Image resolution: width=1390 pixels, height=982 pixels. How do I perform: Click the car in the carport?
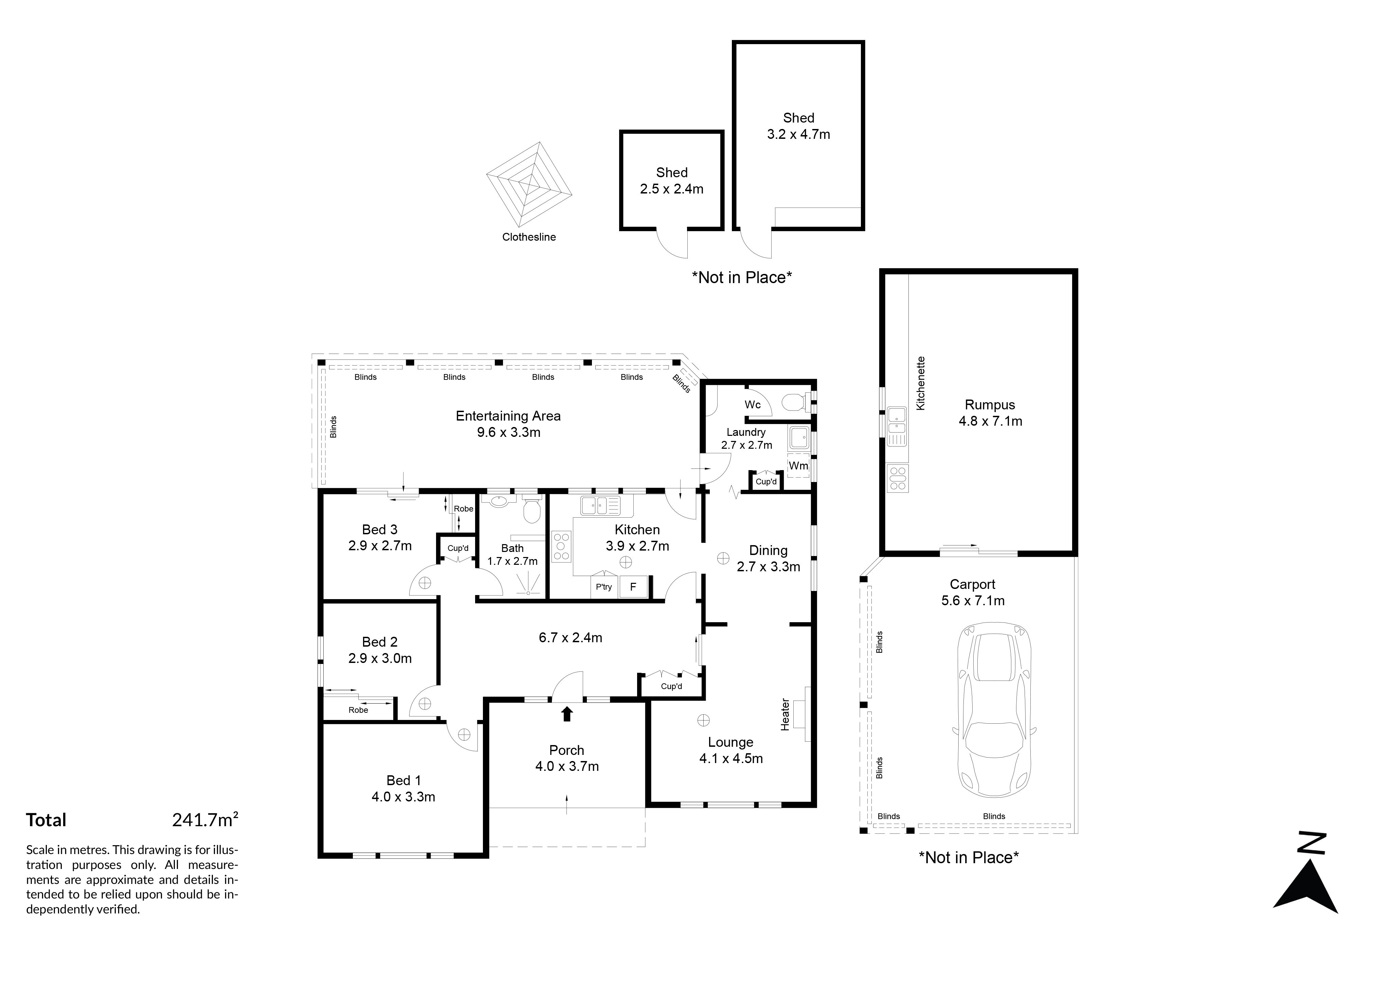point(993,710)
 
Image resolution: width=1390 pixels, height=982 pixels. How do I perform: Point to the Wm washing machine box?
point(798,466)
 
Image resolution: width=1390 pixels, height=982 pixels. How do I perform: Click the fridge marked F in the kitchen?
point(633,586)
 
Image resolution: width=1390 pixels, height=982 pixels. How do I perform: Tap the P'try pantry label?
point(603,587)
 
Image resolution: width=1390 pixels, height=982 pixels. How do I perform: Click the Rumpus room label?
point(990,405)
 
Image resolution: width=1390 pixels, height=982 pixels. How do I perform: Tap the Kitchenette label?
point(921,384)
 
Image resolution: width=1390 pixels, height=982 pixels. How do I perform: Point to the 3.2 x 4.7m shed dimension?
point(798,134)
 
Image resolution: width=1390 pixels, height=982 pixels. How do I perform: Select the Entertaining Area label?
point(508,416)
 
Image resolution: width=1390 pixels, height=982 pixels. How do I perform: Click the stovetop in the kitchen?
point(561,546)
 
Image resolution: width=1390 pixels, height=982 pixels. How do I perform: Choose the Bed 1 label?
point(404,780)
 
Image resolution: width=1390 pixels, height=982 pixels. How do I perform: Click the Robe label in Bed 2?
point(358,710)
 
